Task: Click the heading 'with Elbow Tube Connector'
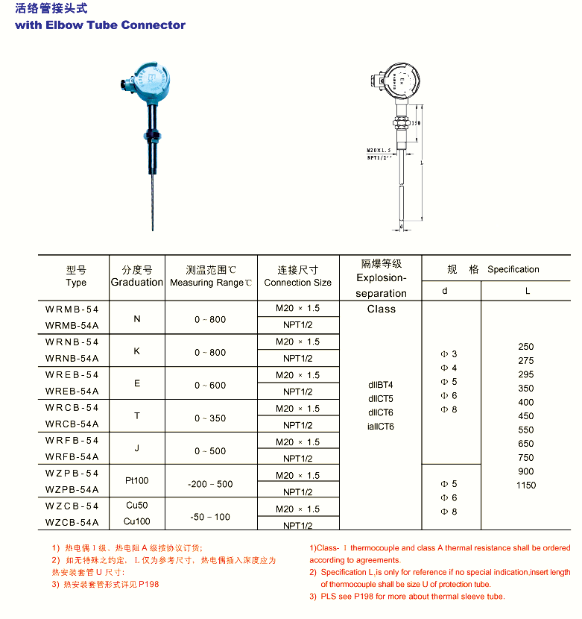point(100,25)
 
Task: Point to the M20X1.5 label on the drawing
point(379,150)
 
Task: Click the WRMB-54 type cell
point(72,309)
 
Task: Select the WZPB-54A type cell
point(72,490)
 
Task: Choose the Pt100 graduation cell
point(136,481)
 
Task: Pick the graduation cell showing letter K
point(136,351)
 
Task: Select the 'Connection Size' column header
point(297,283)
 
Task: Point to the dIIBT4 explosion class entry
point(380,385)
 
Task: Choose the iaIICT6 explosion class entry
point(381,427)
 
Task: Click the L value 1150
point(526,486)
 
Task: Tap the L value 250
point(526,347)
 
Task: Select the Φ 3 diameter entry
point(449,354)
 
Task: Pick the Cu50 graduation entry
point(136,506)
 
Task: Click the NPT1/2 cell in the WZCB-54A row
point(297,525)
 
